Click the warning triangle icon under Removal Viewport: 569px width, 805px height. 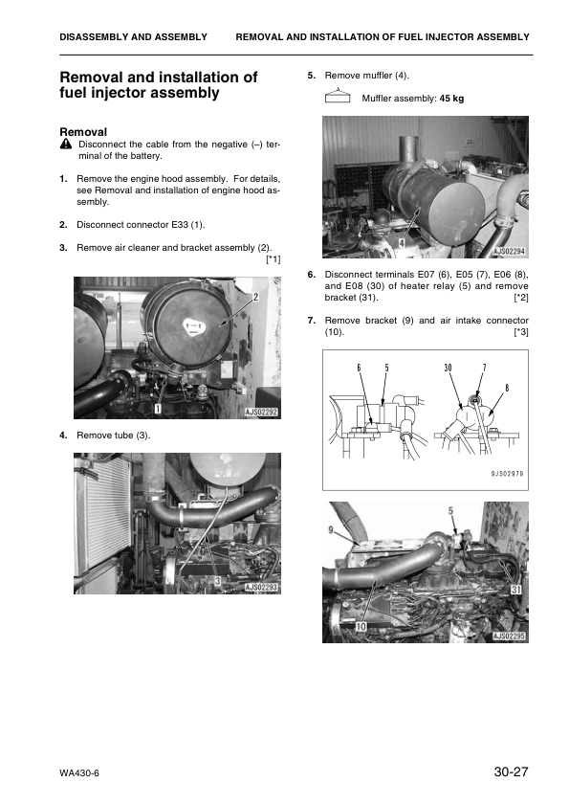coord(66,145)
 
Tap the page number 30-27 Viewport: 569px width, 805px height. coord(511,771)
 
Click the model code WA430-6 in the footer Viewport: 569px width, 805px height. coord(79,773)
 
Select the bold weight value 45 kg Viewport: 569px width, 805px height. coord(451,99)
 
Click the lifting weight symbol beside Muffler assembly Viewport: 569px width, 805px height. coord(338,96)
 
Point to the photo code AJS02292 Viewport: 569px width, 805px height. coord(261,413)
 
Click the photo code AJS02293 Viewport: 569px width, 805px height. coord(261,588)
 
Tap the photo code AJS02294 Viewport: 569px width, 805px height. coord(509,252)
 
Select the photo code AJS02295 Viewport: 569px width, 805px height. coord(509,637)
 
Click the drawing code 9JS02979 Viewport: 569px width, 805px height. coord(507,474)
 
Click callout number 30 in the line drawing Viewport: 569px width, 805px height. coord(448,368)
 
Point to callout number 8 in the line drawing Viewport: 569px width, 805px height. coord(507,388)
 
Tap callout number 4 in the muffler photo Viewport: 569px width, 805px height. coord(402,243)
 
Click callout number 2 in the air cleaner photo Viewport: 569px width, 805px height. coord(255,296)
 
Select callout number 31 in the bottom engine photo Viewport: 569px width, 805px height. coord(515,590)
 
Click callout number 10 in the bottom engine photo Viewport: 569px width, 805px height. coord(361,626)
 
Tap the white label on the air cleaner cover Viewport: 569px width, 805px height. coord(193,327)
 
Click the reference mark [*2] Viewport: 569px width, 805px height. coord(521,298)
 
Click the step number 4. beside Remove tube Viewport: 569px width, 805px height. coord(63,436)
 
